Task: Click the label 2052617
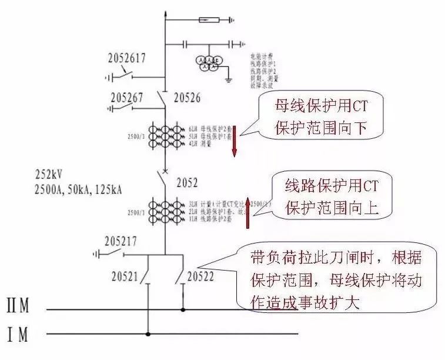pyautogui.click(x=126, y=58)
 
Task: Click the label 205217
pyautogui.click(x=122, y=242)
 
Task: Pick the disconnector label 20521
pyautogui.click(x=128, y=276)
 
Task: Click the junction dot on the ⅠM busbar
pyautogui.click(x=148, y=335)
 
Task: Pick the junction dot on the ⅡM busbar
pyautogui.click(x=183, y=308)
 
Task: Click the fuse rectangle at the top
pyautogui.click(x=210, y=20)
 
